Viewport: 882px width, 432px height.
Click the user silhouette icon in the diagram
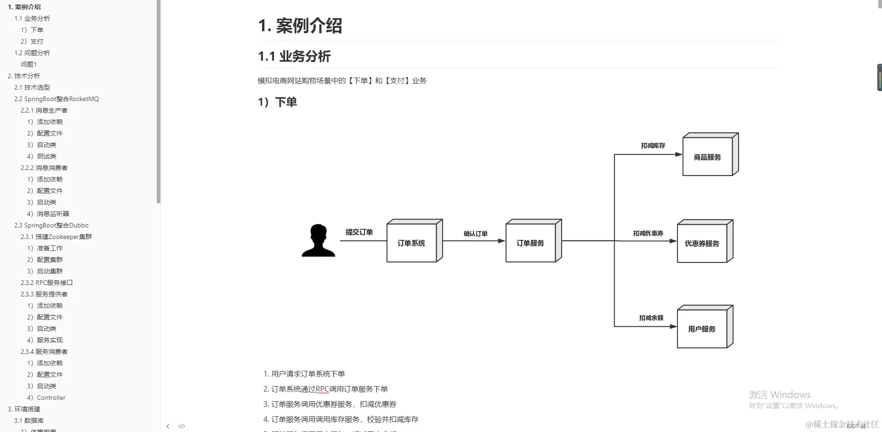click(x=318, y=240)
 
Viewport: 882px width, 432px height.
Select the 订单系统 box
click(x=411, y=243)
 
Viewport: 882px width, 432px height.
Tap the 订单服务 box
click(x=530, y=243)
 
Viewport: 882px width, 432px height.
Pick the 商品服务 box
click(x=707, y=157)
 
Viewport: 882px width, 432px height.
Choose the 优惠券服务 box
click(x=702, y=244)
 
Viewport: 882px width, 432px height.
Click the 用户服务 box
click(x=702, y=329)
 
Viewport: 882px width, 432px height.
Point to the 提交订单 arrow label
click(x=359, y=232)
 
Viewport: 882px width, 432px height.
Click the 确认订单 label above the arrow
click(x=475, y=233)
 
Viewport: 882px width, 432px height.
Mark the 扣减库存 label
click(x=653, y=146)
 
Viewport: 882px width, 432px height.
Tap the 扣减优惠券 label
click(x=648, y=233)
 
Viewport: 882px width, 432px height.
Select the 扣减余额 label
click(x=651, y=318)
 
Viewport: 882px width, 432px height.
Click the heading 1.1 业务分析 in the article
click(x=294, y=57)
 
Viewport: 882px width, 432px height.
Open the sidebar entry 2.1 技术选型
click(x=32, y=87)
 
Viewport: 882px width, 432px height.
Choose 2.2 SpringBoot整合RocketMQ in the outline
click(x=56, y=99)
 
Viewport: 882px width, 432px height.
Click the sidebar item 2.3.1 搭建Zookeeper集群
click(x=56, y=237)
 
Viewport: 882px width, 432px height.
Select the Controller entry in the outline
click(x=51, y=398)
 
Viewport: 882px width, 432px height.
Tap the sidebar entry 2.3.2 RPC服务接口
click(x=46, y=283)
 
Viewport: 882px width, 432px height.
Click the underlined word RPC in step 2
click(x=322, y=389)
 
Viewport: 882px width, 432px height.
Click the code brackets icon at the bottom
click(x=182, y=426)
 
